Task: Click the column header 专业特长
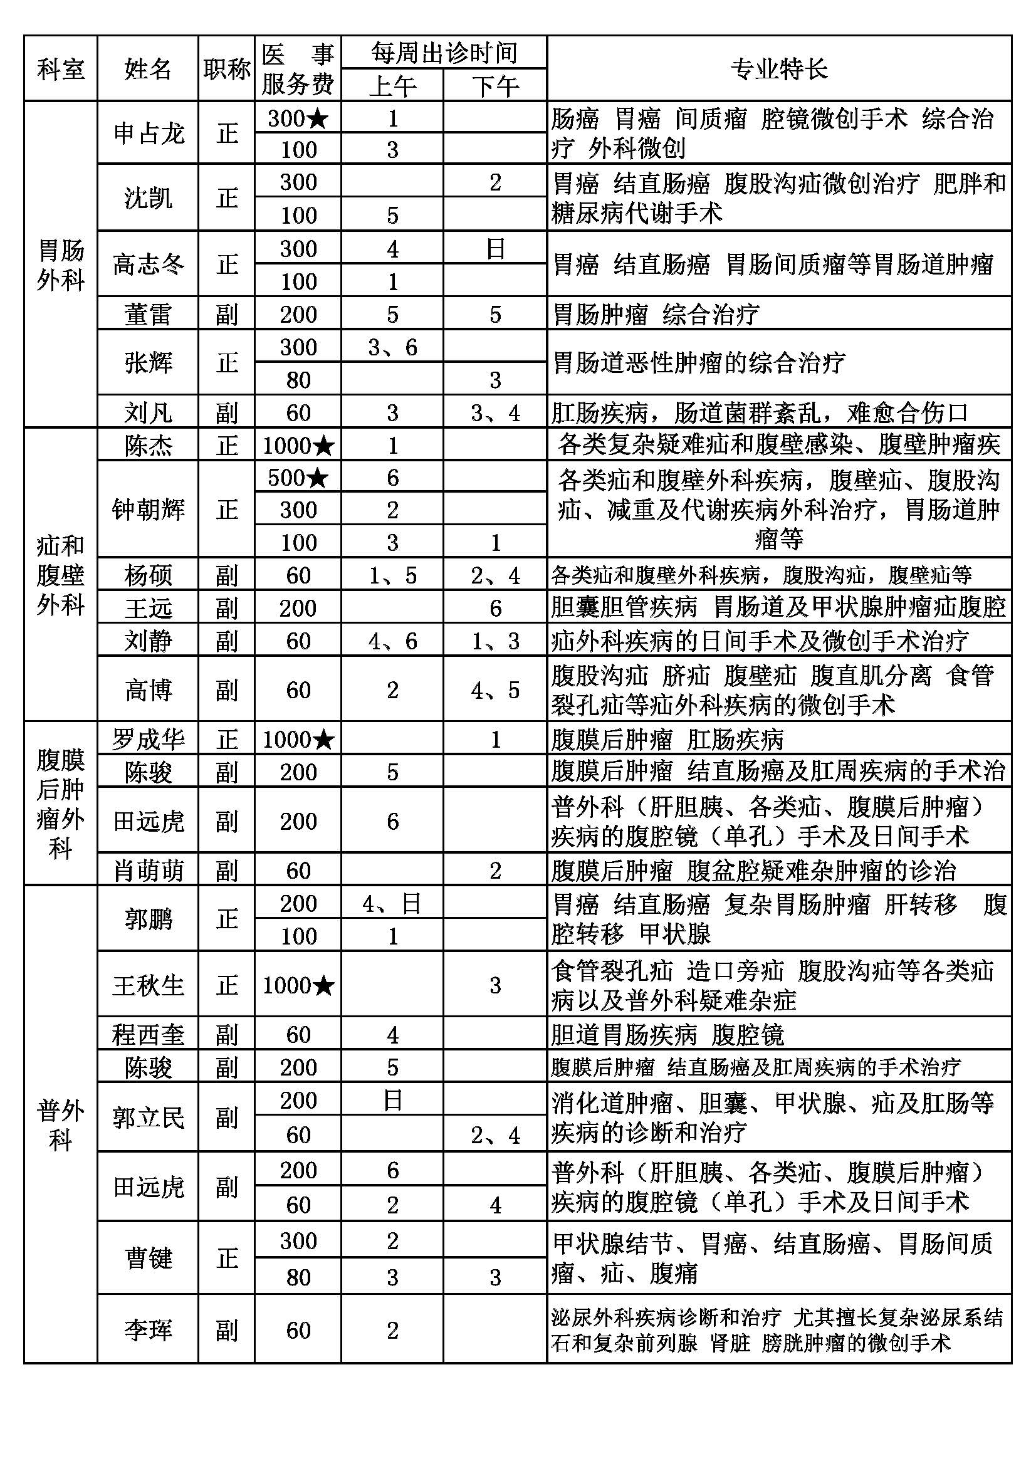pyautogui.click(x=779, y=68)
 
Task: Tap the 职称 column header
pyautogui.click(x=227, y=68)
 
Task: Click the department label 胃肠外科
pyautogui.click(x=61, y=264)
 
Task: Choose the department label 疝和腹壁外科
pyautogui.click(x=61, y=575)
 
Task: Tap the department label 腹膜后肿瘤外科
pyautogui.click(x=61, y=804)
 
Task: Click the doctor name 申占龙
pyautogui.click(x=148, y=133)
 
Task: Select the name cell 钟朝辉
pyautogui.click(x=148, y=510)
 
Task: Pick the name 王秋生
pyautogui.click(x=148, y=985)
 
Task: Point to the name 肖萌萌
pyautogui.click(x=148, y=871)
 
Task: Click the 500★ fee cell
pyautogui.click(x=298, y=478)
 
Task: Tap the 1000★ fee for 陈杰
pyautogui.click(x=298, y=445)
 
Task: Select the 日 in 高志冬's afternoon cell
pyautogui.click(x=494, y=248)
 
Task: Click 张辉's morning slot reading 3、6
pyautogui.click(x=392, y=347)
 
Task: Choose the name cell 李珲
pyautogui.click(x=148, y=1331)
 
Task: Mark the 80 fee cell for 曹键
pyautogui.click(x=298, y=1277)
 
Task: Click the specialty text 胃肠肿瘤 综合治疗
pyautogui.click(x=656, y=314)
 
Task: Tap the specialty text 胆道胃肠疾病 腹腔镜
pyautogui.click(x=667, y=1034)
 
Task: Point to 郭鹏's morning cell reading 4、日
pyautogui.click(x=392, y=904)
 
